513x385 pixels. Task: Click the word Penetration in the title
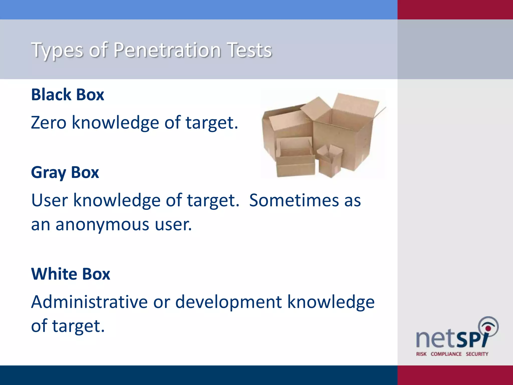tap(167, 50)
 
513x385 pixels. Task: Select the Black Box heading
tap(67, 95)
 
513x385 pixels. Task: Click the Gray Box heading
tap(65, 173)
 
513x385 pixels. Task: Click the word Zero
tap(49, 123)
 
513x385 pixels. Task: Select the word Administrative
tap(89, 302)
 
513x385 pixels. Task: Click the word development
tap(228, 302)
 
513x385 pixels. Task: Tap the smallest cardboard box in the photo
tap(329, 162)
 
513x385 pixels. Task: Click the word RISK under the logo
tap(421, 354)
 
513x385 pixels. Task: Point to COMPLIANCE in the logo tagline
tap(446, 354)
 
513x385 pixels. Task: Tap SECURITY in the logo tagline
tap(477, 354)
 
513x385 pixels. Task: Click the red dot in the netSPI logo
tap(488, 328)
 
